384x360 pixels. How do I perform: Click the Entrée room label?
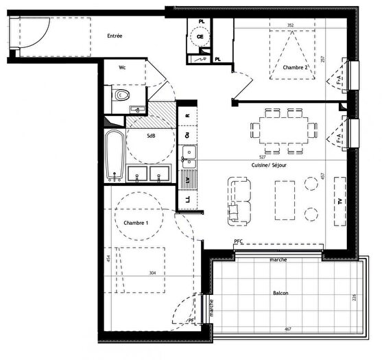[x=115, y=36]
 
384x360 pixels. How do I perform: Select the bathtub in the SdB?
[x=115, y=156]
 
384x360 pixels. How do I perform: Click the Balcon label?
[x=279, y=293]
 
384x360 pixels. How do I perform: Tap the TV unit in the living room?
[x=339, y=202]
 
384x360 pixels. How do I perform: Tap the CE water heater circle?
[x=201, y=38]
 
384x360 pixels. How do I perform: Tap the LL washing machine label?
[x=187, y=200]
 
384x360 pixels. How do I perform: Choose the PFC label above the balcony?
[x=238, y=241]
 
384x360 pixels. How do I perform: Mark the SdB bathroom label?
[x=150, y=136]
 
